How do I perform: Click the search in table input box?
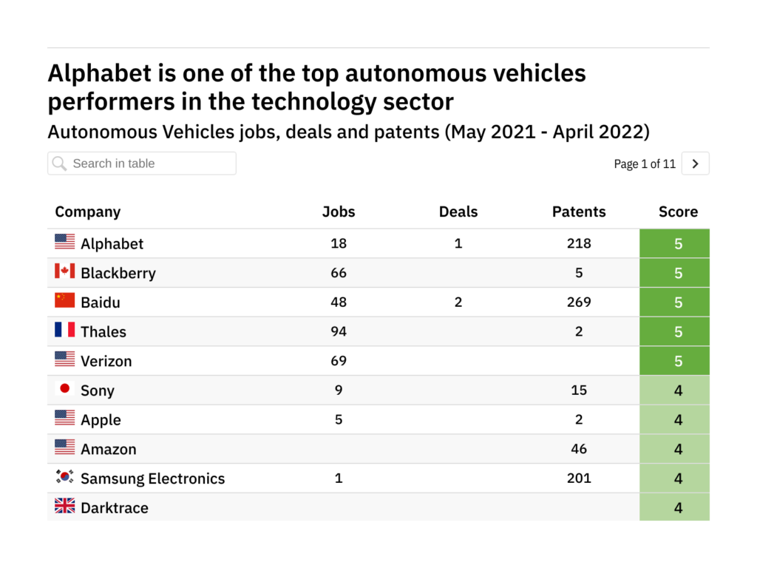pos(142,163)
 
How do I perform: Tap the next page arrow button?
pos(695,164)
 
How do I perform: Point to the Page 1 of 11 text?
pos(645,164)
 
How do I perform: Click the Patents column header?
pos(579,212)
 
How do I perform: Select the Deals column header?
pos(458,212)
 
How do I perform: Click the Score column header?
pos(678,212)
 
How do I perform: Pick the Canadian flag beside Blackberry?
pos(65,271)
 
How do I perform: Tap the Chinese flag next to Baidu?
pos(65,301)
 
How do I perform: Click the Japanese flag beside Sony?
pos(65,389)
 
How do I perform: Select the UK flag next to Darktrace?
pos(65,507)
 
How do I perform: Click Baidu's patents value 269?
pos(579,302)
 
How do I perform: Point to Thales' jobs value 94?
pos(339,331)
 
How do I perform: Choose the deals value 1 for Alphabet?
pos(458,243)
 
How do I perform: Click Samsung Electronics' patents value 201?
pos(579,478)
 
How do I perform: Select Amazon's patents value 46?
pos(579,449)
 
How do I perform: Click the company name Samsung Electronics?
pos(152,479)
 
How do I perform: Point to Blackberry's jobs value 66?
pos(339,273)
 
